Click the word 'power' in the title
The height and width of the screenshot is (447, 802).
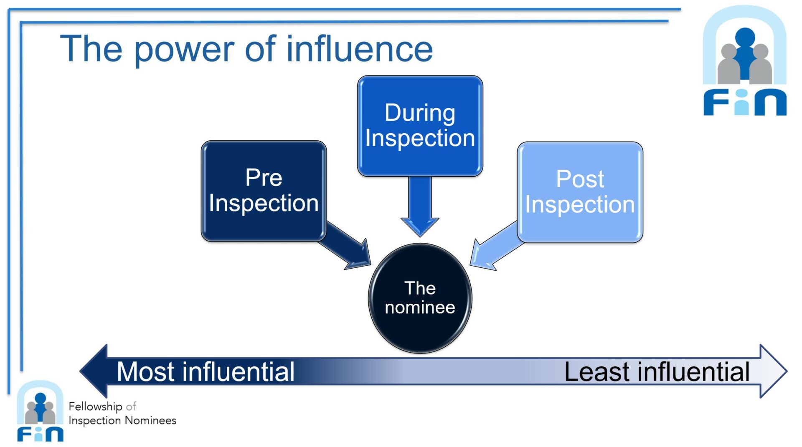[185, 50]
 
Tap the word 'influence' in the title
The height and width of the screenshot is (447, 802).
[359, 49]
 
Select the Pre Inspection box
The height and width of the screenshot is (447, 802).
[264, 191]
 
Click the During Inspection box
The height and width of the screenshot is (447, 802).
[420, 126]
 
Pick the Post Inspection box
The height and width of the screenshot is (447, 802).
[580, 192]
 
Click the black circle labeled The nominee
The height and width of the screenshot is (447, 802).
[420, 298]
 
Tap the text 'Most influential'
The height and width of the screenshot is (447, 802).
[206, 371]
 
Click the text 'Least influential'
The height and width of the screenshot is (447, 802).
[657, 372]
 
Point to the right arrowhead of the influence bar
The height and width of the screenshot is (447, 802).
[773, 371]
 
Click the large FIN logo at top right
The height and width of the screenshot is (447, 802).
[745, 61]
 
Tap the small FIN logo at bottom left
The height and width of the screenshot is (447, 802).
[40, 411]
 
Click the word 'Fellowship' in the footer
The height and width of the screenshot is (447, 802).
[95, 406]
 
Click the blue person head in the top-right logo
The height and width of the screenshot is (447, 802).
[745, 37]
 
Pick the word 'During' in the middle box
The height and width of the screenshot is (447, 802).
[420, 113]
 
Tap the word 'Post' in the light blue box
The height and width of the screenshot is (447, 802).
[580, 179]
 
